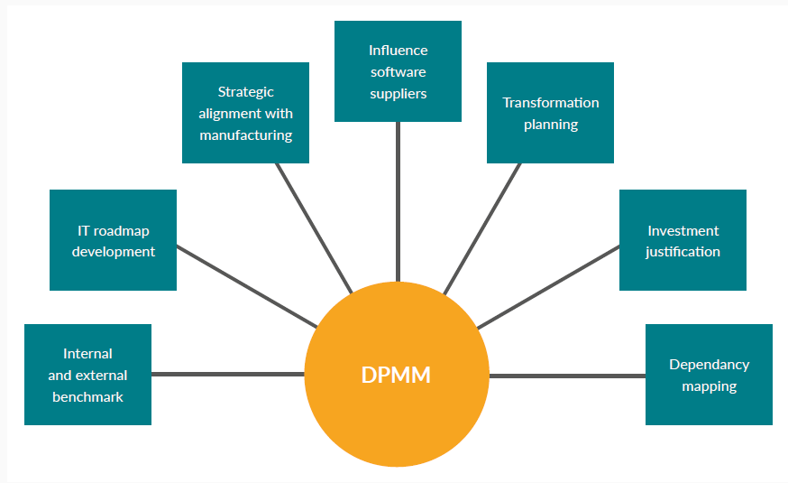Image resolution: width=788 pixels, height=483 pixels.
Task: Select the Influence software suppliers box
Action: [x=398, y=71]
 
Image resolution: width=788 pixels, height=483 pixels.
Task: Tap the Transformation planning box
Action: [x=550, y=113]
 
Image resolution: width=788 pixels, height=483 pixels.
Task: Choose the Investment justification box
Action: [x=683, y=240]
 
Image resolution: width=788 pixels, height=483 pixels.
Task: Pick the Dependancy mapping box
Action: [x=709, y=375]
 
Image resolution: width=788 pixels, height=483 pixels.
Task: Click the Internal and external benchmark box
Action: [x=87, y=375]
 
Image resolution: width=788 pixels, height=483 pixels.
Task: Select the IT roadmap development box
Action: [x=113, y=240]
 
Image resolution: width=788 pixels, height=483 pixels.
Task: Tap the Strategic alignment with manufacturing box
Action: [x=245, y=113]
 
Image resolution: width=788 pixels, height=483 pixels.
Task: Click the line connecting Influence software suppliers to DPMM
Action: [x=398, y=203]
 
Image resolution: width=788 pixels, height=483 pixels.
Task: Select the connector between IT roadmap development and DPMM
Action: [x=245, y=285]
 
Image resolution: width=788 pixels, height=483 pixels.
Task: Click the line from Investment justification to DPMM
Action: [x=548, y=286]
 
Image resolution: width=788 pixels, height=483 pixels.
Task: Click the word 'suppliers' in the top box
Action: [x=398, y=93]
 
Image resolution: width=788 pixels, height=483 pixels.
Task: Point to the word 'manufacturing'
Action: [x=245, y=135]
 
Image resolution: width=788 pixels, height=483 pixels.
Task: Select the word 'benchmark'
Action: [x=87, y=396]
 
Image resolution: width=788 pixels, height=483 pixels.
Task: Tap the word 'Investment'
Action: [x=683, y=230]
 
